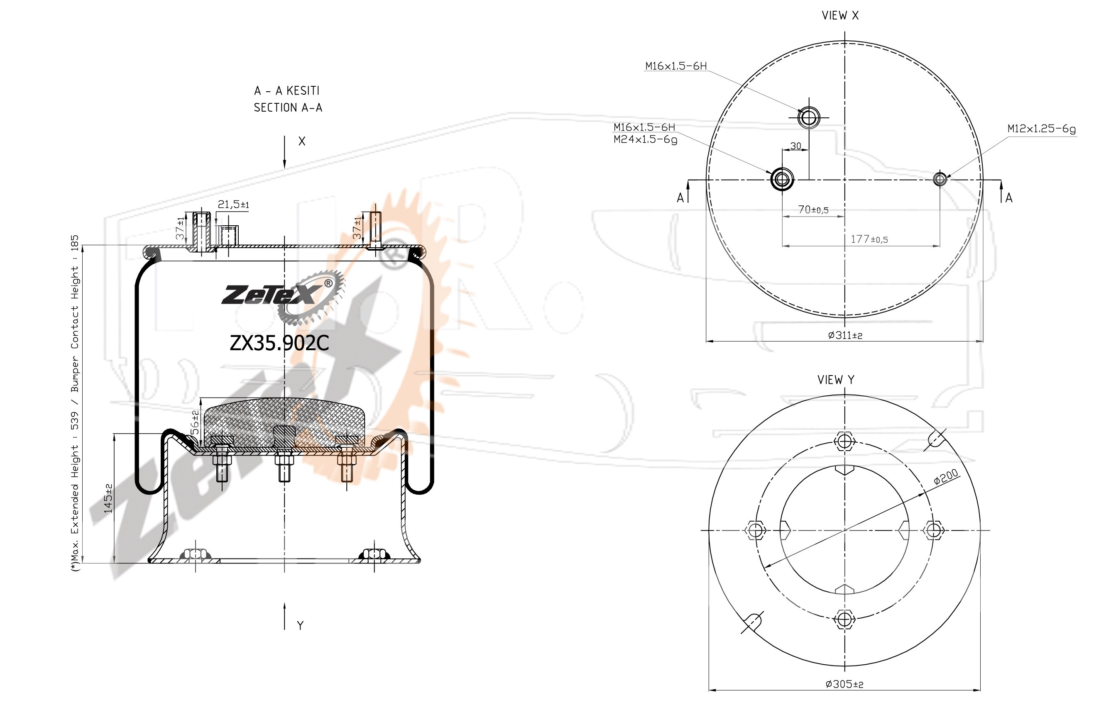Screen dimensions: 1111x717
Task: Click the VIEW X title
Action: [x=840, y=15]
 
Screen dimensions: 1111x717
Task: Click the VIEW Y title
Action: [x=836, y=380]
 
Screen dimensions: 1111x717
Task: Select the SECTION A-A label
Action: [x=288, y=107]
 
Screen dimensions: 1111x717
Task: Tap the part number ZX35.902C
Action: [x=279, y=343]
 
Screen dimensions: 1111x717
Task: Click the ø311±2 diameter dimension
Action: [x=845, y=335]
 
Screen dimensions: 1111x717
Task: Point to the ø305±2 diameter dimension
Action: [x=844, y=684]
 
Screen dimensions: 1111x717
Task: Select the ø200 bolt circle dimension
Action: [x=946, y=477]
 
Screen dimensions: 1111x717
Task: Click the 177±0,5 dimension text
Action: [x=869, y=239]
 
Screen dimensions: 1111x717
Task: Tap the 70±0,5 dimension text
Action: [x=813, y=210]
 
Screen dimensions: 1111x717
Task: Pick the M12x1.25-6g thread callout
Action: [x=1042, y=129]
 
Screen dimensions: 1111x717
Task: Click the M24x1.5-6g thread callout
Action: [x=645, y=139]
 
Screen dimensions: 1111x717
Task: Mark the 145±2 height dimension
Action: [x=108, y=499]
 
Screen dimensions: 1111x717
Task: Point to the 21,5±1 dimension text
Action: [x=233, y=205]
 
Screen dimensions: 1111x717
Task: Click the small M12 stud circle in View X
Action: [x=940, y=179]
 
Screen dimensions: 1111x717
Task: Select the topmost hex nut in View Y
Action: [x=844, y=440]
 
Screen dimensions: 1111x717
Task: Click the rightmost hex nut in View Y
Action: [x=934, y=530]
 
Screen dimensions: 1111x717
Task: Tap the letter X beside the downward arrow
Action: [x=302, y=141]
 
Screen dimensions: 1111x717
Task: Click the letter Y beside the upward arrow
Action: [x=301, y=625]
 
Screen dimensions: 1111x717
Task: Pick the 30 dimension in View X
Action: [x=795, y=146]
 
